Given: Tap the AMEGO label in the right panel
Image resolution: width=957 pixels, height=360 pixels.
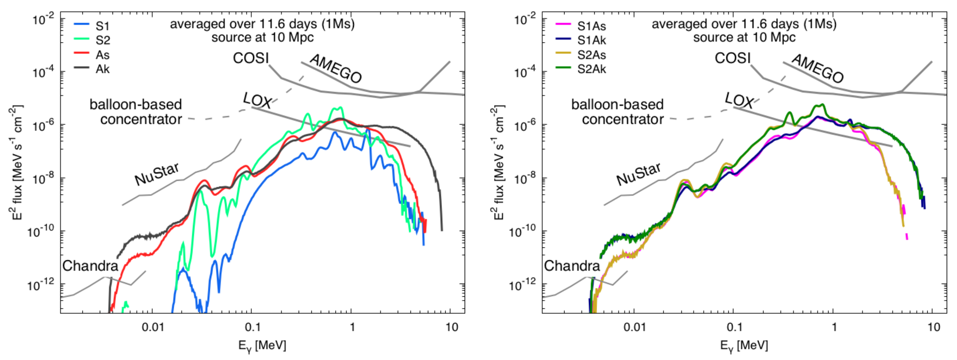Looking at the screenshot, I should pos(817,69).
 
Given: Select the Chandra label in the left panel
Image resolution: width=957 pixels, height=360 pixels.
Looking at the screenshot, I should pos(90,266).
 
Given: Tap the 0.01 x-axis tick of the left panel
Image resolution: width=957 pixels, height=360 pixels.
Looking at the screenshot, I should pos(153,327).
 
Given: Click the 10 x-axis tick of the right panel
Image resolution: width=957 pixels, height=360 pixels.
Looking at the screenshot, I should pos(934,327).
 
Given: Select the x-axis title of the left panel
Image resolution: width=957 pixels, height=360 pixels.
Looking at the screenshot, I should pos(262,346).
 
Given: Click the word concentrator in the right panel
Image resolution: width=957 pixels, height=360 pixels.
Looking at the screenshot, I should pos(623,120).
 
